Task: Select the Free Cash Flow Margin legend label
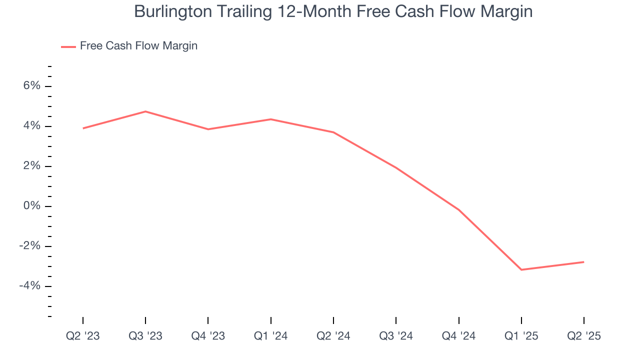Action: point(138,46)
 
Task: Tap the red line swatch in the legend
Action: point(68,46)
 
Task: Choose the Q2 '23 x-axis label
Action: point(83,336)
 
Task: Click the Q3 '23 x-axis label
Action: point(145,336)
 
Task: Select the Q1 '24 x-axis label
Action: point(271,336)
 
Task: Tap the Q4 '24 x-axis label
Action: point(458,336)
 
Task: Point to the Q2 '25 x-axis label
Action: point(584,336)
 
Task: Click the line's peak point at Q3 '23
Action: point(145,111)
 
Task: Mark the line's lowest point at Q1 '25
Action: point(521,270)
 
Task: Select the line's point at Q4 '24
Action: point(458,209)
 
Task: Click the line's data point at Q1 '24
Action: point(271,119)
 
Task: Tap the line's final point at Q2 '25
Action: point(583,262)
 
